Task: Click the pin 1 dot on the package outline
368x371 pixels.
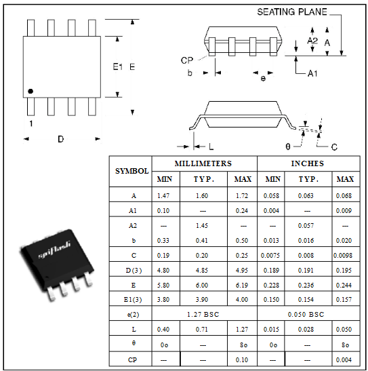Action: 30,91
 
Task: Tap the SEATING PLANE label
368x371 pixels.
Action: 292,12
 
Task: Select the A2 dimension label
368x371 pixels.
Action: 312,41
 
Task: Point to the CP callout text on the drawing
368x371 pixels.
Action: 187,60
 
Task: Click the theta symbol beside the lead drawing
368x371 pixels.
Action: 287,147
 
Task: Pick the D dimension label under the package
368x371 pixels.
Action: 60,139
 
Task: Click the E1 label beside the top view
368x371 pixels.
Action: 117,67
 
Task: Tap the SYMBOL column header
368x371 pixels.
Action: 132,171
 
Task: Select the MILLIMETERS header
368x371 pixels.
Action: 203,163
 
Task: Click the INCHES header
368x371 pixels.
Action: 307,163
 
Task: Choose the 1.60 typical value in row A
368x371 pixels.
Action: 202,196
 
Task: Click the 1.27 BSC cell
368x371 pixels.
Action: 203,315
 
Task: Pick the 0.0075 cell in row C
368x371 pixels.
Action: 270,255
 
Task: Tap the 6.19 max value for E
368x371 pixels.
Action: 242,285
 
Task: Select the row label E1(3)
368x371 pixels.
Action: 133,300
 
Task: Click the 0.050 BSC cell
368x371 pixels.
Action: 306,315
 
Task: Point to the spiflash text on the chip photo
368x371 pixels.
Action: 54,250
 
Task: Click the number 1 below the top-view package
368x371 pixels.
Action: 31,123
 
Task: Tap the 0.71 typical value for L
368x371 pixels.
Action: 202,330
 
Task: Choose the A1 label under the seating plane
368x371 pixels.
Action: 312,74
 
